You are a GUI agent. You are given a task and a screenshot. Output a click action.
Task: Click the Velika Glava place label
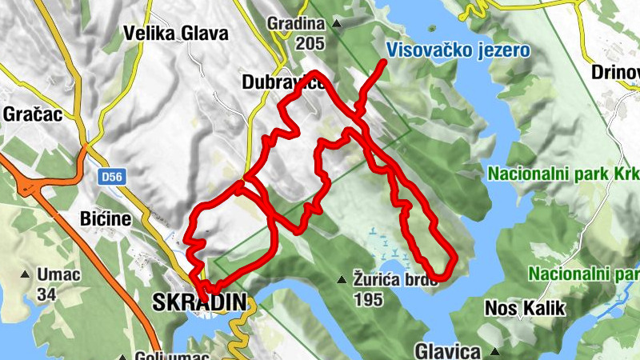click(x=176, y=34)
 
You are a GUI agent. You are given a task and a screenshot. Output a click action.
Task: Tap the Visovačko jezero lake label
click(x=458, y=50)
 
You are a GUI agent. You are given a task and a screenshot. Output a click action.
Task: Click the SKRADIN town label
click(x=198, y=303)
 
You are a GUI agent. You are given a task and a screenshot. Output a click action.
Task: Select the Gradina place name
click(x=297, y=24)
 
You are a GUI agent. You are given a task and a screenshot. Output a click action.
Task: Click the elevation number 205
click(x=310, y=43)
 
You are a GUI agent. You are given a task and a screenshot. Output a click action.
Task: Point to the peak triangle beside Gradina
click(x=337, y=24)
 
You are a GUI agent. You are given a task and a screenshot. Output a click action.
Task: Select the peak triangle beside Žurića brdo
click(x=342, y=279)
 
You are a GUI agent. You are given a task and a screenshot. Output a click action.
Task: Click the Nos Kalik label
click(x=525, y=308)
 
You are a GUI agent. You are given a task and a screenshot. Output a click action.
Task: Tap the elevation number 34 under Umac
click(x=47, y=294)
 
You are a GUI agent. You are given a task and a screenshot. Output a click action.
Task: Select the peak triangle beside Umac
click(x=26, y=276)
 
